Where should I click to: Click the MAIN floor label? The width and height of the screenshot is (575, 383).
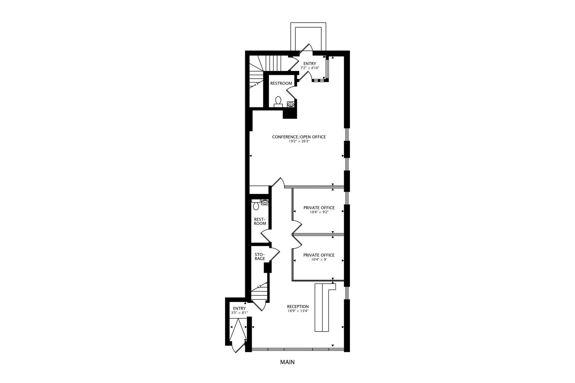click(287, 362)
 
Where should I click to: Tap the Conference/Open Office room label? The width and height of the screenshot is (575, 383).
click(299, 137)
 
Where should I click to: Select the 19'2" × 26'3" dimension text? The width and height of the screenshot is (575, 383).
click(299, 141)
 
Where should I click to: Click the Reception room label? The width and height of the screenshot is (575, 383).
click(298, 307)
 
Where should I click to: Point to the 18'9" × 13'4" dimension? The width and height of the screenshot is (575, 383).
click(298, 311)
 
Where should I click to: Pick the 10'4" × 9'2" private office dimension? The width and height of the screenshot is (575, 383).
click(318, 212)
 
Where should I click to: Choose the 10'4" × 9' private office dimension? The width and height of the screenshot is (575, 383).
click(318, 260)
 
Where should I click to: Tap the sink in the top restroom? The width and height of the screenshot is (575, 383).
click(291, 104)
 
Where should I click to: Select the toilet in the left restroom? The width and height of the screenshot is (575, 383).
click(256, 205)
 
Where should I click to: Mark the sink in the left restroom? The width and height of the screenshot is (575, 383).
click(264, 202)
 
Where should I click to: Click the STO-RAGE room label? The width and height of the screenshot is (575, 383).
click(259, 256)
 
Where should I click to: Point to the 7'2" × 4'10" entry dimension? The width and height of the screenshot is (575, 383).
click(310, 68)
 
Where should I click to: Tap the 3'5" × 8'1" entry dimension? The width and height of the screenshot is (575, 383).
click(239, 313)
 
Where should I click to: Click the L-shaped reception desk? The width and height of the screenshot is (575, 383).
click(321, 307)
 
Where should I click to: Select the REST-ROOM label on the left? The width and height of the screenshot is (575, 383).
click(260, 221)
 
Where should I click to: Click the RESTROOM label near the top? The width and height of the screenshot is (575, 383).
click(281, 83)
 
